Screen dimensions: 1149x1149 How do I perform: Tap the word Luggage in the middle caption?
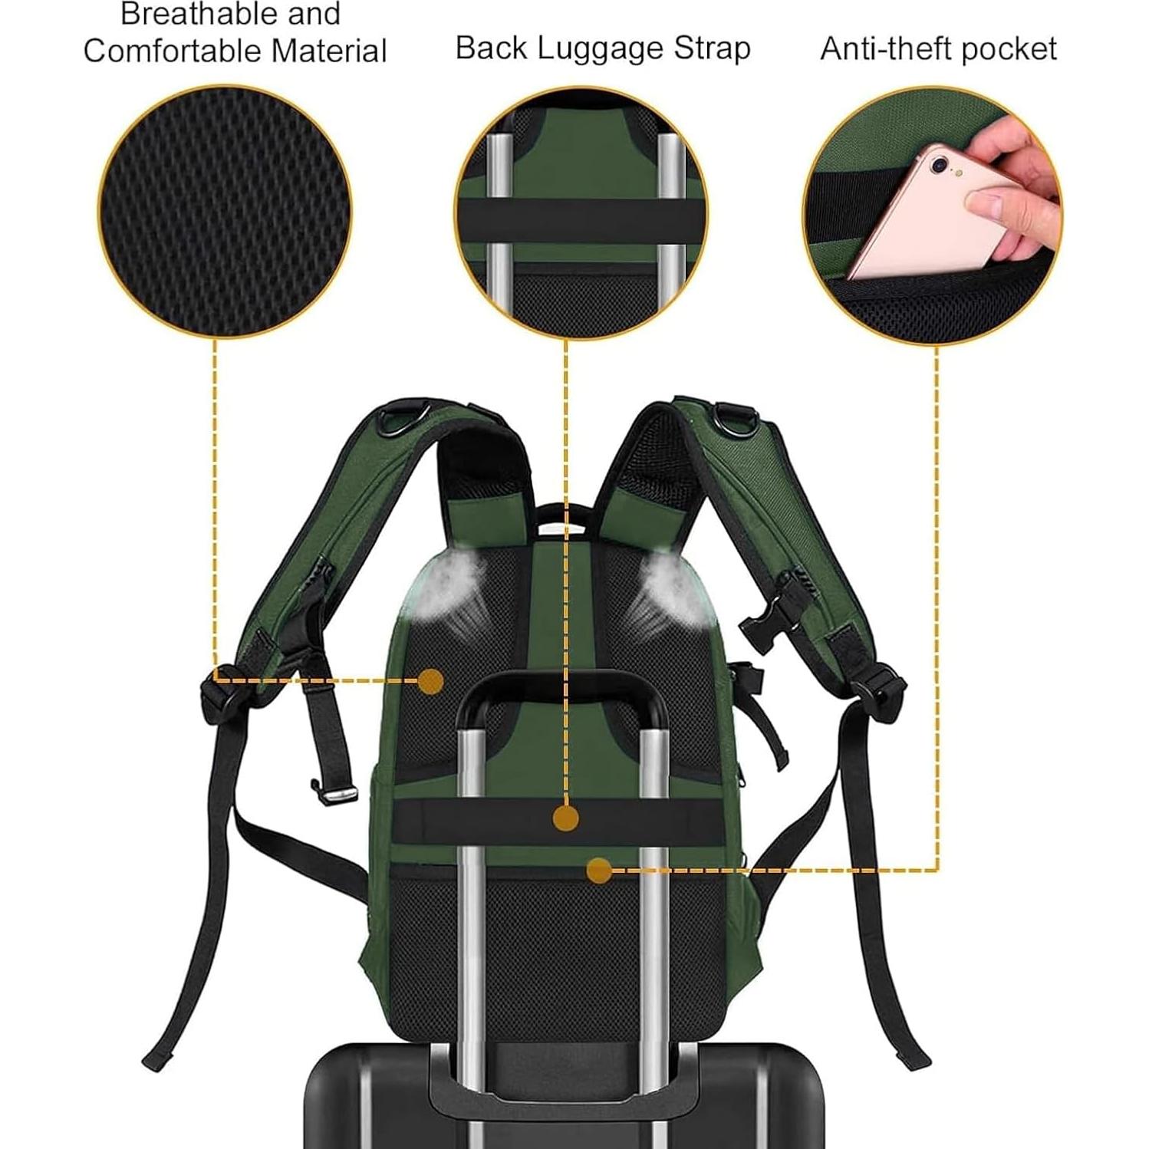pyautogui.click(x=601, y=48)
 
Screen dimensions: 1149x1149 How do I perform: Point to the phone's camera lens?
pyautogui.click(x=940, y=164)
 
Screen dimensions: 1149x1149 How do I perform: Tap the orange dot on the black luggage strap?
pyautogui.click(x=565, y=818)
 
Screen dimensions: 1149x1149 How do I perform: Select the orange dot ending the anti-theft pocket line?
pyautogui.click(x=599, y=871)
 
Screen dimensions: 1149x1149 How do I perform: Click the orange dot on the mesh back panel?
pyautogui.click(x=432, y=681)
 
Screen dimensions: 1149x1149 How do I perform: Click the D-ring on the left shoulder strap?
pyautogui.click(x=403, y=416)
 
